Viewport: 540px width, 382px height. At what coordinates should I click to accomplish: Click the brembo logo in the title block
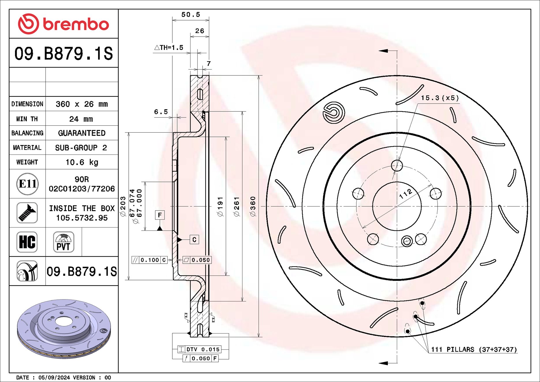[63, 24]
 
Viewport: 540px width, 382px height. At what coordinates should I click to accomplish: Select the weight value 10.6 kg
[82, 162]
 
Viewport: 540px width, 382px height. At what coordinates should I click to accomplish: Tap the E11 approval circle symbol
[27, 184]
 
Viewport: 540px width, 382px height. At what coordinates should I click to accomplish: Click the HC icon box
[27, 242]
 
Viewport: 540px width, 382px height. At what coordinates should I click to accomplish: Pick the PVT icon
[63, 242]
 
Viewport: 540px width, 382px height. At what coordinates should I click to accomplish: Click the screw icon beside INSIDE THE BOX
[27, 213]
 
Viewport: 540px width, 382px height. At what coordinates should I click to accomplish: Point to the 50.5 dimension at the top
[190, 14]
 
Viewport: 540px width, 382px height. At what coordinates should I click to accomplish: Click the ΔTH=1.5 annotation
[169, 48]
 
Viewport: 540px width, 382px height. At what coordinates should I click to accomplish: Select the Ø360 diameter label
[253, 206]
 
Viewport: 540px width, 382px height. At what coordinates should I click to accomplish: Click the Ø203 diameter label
[123, 206]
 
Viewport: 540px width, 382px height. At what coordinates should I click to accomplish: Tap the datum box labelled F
[160, 215]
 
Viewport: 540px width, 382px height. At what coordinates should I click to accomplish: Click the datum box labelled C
[194, 240]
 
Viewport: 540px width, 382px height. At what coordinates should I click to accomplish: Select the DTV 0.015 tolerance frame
[199, 349]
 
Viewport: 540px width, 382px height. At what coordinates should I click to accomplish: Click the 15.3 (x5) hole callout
[440, 98]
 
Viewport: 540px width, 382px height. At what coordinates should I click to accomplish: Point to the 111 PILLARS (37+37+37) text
[474, 349]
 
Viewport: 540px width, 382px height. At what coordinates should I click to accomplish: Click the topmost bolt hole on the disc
[397, 165]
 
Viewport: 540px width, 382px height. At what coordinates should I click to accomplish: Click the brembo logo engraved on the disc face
[334, 113]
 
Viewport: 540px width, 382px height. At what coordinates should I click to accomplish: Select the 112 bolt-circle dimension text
[406, 194]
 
